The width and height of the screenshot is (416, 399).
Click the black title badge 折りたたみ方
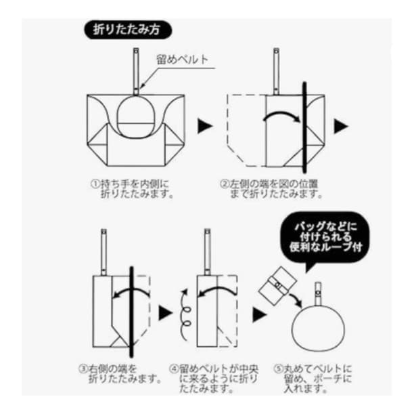pyautogui.click(x=128, y=30)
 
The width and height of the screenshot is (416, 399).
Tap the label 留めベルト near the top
pyautogui.click(x=182, y=60)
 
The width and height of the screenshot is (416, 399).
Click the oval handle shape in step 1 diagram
pyautogui.click(x=135, y=117)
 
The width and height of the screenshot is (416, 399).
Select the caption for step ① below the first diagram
pyautogui.click(x=132, y=188)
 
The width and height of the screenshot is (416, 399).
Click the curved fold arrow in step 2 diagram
pyautogui.click(x=282, y=116)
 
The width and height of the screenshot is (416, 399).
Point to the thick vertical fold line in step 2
pyautogui.click(x=304, y=127)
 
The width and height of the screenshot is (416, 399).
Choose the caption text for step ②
pyautogui.click(x=271, y=188)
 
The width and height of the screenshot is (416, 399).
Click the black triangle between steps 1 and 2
pyautogui.click(x=205, y=126)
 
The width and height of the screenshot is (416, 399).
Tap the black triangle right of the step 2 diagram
pyautogui.click(x=341, y=126)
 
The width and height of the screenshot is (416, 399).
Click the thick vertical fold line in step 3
pyautogui.click(x=131, y=312)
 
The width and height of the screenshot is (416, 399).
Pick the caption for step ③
pyautogui.click(x=120, y=373)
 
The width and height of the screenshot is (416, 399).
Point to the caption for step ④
pyautogui.click(x=214, y=378)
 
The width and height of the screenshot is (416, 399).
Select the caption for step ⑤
pyautogui.click(x=313, y=378)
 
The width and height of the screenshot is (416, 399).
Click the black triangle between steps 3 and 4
pyautogui.click(x=165, y=313)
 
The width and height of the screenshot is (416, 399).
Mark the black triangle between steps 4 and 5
pyautogui.click(x=259, y=315)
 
